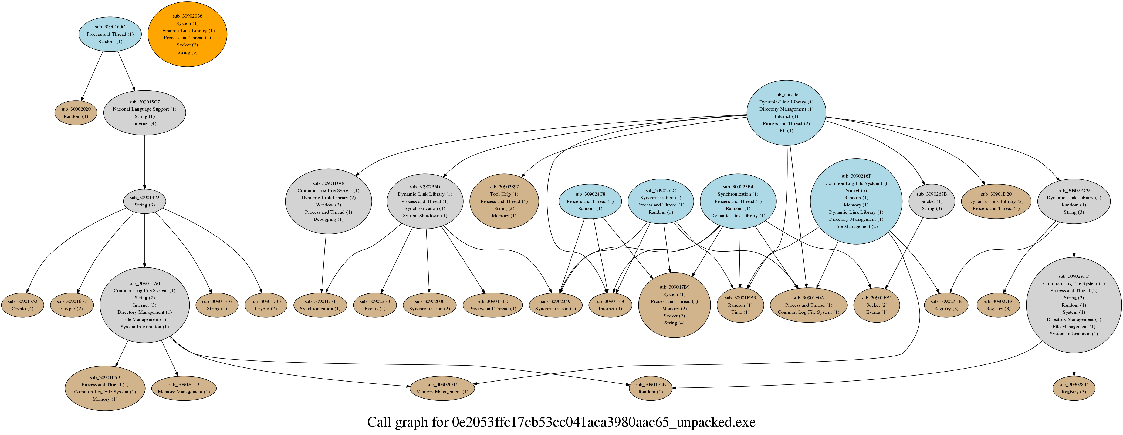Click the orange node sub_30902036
click(187, 34)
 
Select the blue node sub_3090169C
click(110, 34)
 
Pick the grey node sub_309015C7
click(144, 113)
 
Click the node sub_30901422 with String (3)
click(144, 201)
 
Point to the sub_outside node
click(786, 113)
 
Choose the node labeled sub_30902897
click(504, 201)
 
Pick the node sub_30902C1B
click(184, 388)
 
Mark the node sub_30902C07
click(442, 388)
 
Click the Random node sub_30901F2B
click(650, 388)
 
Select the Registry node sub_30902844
click(1073, 388)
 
